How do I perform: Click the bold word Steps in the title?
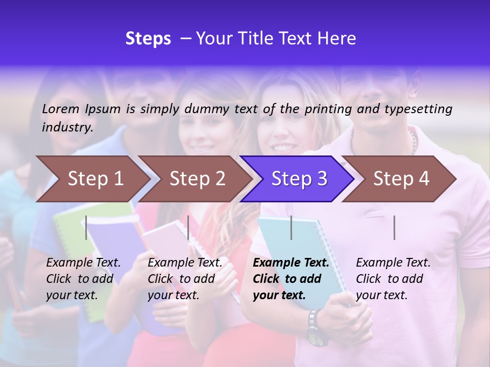148,39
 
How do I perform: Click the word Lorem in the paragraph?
60,109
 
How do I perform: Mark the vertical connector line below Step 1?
86,227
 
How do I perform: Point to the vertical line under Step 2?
188,227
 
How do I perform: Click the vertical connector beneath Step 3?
291,227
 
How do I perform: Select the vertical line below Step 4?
394,227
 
